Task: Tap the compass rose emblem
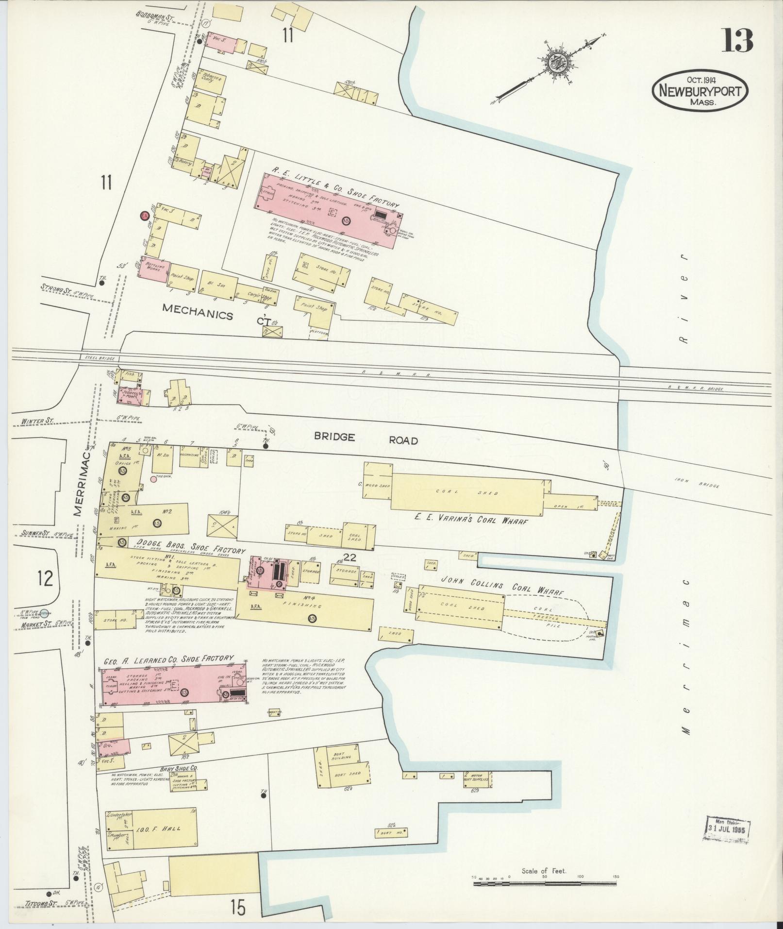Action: tap(555, 63)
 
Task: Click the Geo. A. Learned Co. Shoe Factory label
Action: tap(168, 660)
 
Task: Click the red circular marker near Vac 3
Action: tap(144, 216)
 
